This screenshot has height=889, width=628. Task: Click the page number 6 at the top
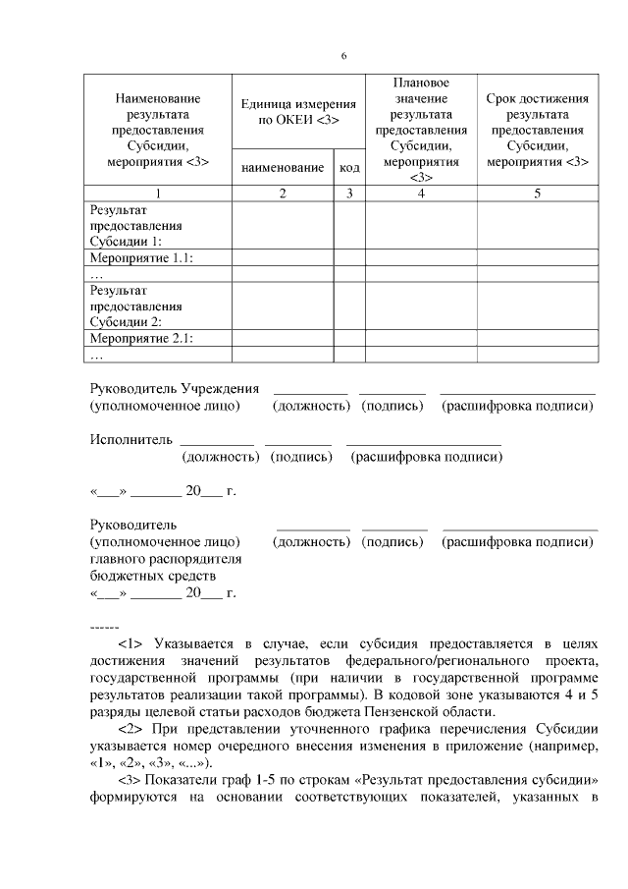(x=344, y=55)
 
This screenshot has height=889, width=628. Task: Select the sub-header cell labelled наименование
(x=282, y=168)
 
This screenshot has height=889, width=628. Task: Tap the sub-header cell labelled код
(x=349, y=168)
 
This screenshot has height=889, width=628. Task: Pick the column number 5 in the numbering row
(x=537, y=194)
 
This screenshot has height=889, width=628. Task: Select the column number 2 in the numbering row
(x=282, y=194)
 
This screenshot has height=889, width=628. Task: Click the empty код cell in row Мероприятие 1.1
(x=349, y=257)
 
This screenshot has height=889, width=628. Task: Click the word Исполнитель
(x=131, y=438)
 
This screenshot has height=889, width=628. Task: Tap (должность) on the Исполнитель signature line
(x=221, y=456)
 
